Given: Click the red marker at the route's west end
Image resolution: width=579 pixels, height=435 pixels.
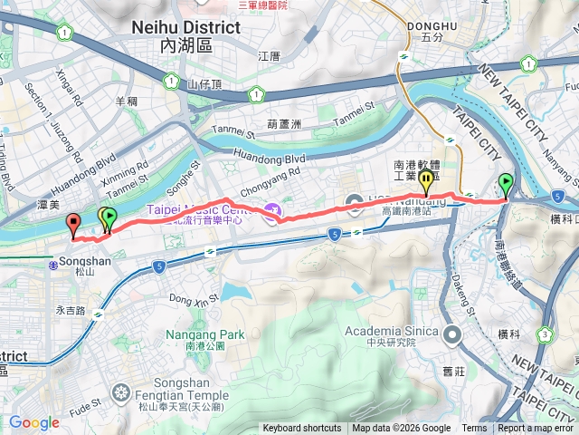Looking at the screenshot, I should [72, 223].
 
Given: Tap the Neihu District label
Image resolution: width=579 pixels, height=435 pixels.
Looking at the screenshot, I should [185, 27].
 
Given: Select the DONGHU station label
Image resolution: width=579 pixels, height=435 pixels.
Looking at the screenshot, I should [432, 25].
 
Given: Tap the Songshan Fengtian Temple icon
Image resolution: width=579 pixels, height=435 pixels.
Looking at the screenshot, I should [120, 392].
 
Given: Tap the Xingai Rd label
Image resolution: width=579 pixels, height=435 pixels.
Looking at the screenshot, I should [69, 87].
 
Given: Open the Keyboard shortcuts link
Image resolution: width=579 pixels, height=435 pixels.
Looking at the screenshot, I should [302, 429].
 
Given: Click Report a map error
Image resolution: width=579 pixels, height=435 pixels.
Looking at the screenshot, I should [536, 429].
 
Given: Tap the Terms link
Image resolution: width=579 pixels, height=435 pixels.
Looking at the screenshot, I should [474, 429].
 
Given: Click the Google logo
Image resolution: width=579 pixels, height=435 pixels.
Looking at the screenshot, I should [33, 422].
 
